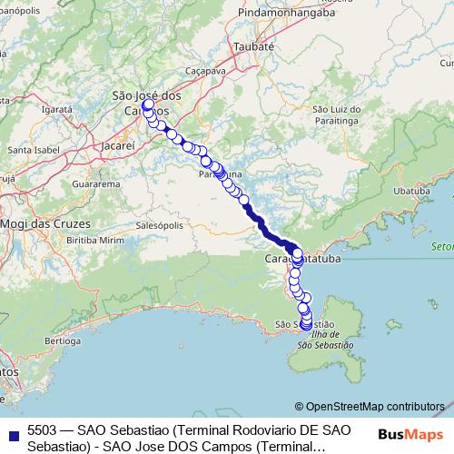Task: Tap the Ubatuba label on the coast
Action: (x=412, y=191)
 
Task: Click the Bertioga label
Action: (x=62, y=340)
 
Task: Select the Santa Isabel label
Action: (x=34, y=150)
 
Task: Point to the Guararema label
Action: (x=95, y=183)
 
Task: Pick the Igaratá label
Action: (x=56, y=108)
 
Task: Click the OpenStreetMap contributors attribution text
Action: (x=370, y=406)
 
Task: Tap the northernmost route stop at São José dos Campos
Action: (x=147, y=105)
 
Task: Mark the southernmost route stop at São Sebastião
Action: (x=305, y=326)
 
